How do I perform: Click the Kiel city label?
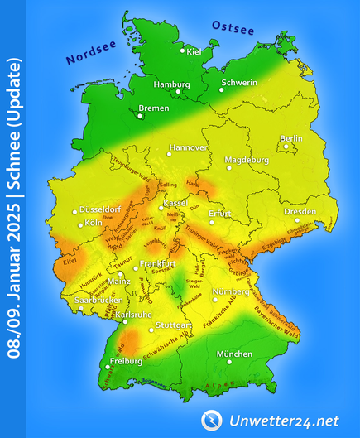194,52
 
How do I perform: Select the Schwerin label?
241,83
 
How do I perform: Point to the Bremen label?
154,108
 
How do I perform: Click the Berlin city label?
290,138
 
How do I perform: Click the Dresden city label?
300,212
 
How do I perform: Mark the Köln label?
94,224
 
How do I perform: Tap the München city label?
234,354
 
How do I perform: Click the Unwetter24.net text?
286,420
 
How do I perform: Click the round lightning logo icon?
211,420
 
